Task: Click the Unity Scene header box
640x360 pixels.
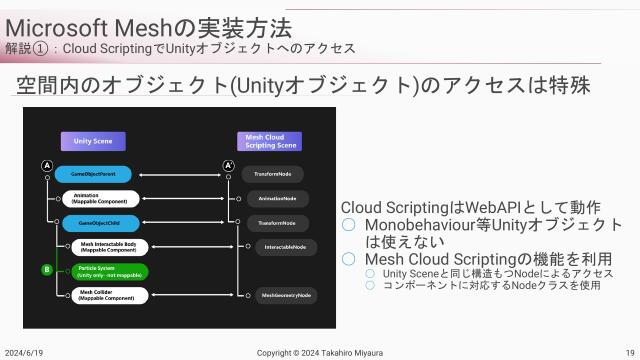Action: point(93,142)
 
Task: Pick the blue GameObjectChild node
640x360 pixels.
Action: point(100,222)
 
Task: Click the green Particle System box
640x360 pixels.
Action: point(111,271)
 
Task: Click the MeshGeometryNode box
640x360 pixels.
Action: point(286,296)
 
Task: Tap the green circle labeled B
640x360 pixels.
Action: point(46,269)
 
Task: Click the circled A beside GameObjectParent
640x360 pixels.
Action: point(46,165)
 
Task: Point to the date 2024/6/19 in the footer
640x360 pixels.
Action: point(24,352)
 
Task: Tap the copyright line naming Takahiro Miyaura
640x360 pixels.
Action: point(319,352)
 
